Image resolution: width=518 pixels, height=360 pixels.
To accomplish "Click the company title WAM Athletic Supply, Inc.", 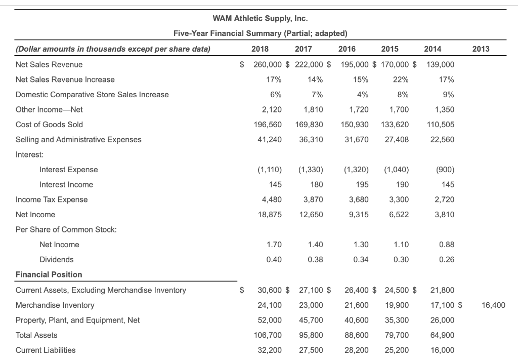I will (x=260, y=19).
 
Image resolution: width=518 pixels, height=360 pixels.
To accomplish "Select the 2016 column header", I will (x=347, y=49).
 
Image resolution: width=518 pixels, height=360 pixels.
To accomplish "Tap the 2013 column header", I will (x=481, y=49).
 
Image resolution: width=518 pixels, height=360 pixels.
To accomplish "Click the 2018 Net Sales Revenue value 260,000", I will (x=268, y=65).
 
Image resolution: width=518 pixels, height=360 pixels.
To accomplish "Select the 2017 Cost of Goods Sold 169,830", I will (x=309, y=125).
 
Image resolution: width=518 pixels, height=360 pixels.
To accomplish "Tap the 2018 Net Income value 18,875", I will (x=270, y=215).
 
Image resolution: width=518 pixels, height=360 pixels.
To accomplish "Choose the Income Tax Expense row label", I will (x=52, y=199).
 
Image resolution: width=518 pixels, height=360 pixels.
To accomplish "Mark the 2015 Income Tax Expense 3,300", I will (x=400, y=199).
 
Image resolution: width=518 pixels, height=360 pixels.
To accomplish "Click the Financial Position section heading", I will (x=49, y=274).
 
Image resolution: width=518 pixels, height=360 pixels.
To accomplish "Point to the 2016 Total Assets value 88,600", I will (x=356, y=335).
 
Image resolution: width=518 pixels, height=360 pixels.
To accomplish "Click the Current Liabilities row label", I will (x=46, y=350).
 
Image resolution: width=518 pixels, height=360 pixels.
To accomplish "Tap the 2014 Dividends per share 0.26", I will (x=447, y=260).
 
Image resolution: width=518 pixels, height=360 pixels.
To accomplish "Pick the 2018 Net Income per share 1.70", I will (x=274, y=245).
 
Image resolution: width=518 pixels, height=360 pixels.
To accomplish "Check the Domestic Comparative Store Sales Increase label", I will (x=92, y=95).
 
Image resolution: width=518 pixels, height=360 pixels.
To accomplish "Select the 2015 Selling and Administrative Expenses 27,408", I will (x=397, y=140).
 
